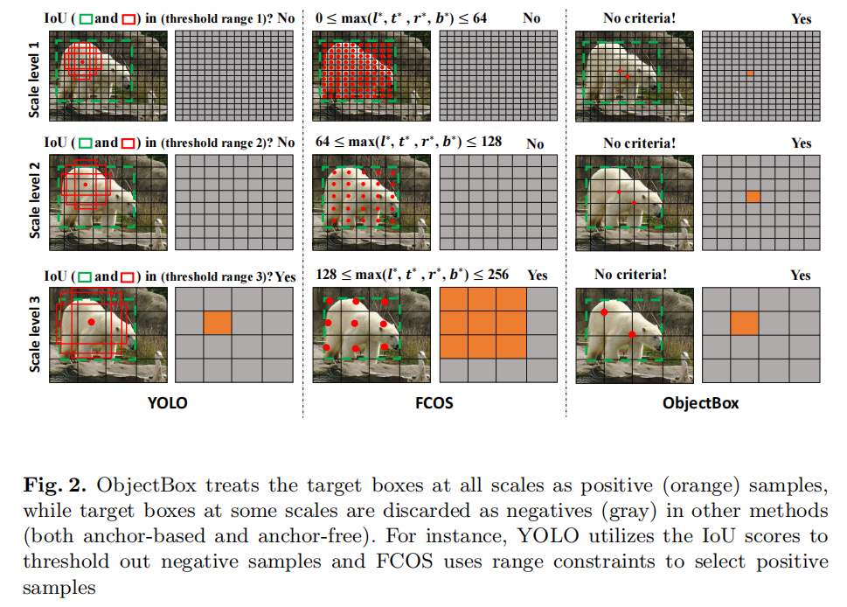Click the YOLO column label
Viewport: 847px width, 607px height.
[x=167, y=403]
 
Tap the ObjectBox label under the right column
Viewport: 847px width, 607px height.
[x=700, y=403]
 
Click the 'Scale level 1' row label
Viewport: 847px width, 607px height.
[x=34, y=79]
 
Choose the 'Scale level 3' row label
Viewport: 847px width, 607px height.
[x=34, y=333]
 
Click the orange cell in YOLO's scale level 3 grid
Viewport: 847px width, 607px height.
[x=218, y=322]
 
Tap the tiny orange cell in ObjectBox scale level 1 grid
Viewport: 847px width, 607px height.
[x=750, y=73]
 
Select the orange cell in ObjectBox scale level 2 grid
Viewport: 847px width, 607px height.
[x=753, y=197]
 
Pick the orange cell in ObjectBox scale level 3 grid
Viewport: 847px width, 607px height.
[x=745, y=323]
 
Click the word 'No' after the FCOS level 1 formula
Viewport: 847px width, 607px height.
[x=531, y=17]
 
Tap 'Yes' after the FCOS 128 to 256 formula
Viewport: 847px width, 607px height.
[x=538, y=275]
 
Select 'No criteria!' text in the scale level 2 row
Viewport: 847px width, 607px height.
[x=639, y=143]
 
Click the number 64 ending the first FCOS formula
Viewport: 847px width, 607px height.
[x=479, y=17]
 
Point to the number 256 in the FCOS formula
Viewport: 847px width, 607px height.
[x=497, y=275]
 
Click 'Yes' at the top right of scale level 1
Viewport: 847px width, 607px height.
[x=801, y=18]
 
